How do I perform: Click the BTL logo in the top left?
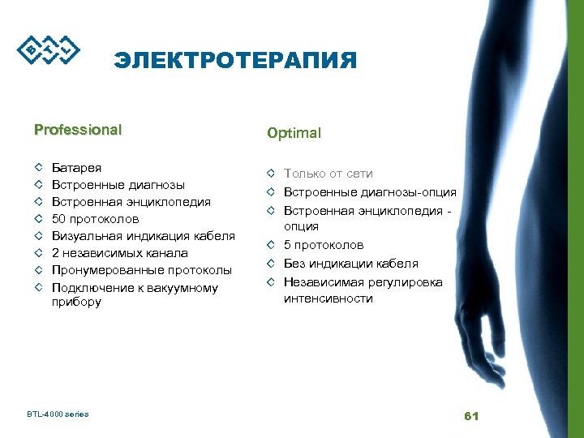[x=49, y=49]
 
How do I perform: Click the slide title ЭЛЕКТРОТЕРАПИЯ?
[x=235, y=61]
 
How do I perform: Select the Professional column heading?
[x=78, y=129]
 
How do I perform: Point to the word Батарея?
[x=77, y=168]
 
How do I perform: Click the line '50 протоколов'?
[x=95, y=219]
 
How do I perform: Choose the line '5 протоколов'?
[x=323, y=245]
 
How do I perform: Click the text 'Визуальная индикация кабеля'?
[x=143, y=236]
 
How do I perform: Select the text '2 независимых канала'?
[x=119, y=253]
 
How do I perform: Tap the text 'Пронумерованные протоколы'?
[x=141, y=270]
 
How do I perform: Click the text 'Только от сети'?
[x=328, y=174]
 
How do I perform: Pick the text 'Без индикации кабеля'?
[x=350, y=263]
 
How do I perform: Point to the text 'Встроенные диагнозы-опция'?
[x=369, y=192]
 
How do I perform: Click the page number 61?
[x=471, y=416]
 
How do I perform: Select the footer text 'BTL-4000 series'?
[x=58, y=414]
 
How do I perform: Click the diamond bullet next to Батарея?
[x=38, y=168]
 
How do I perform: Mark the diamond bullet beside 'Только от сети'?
[x=270, y=174]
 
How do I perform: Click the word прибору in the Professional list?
[x=76, y=303]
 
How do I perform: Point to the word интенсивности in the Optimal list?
[x=328, y=298]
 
